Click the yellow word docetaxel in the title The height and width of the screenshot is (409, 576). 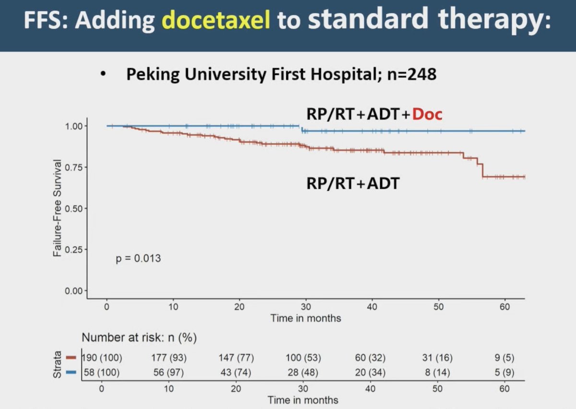click(216, 20)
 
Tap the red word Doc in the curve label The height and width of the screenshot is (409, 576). click(427, 114)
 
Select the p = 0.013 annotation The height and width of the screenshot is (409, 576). click(138, 258)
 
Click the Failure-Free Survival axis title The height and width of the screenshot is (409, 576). click(57, 208)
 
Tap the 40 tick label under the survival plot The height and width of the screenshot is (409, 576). click(372, 307)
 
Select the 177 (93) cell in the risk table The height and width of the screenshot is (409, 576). click(169, 358)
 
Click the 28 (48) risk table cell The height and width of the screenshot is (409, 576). click(303, 373)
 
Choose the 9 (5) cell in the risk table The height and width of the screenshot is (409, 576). click(504, 358)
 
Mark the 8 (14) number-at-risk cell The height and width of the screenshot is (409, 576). click(437, 373)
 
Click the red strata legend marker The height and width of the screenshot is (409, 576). click(71, 358)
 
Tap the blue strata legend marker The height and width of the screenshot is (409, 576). click(71, 372)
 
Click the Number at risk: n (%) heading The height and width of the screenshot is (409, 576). click(139, 337)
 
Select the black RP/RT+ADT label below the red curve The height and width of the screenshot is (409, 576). click(353, 183)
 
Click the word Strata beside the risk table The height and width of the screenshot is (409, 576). click(57, 364)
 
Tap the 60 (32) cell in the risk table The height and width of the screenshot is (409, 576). click(370, 358)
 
